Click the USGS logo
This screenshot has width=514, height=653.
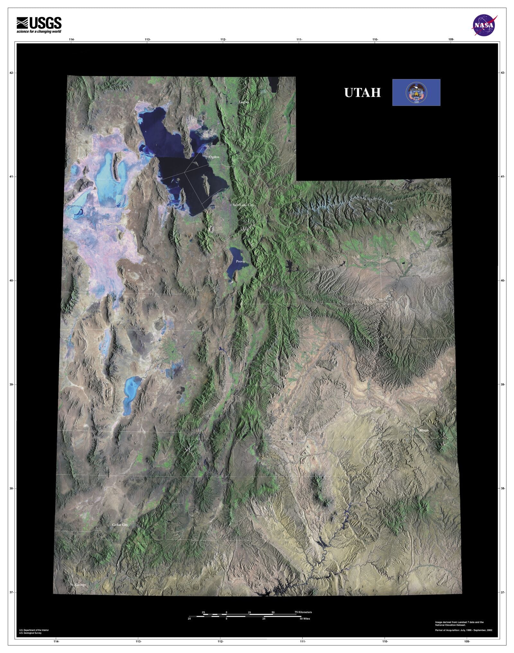tap(39, 23)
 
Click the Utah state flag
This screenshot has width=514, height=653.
tap(416, 92)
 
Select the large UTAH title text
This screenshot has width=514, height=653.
tap(362, 93)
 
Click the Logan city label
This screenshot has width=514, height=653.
tap(244, 102)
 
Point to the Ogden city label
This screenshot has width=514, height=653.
tap(214, 157)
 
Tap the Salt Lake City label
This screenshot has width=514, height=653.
tap(243, 205)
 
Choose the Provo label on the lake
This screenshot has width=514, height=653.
tap(240, 261)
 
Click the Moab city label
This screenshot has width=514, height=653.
tap(424, 430)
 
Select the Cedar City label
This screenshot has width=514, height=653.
tap(120, 525)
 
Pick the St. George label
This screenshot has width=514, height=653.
tap(78, 585)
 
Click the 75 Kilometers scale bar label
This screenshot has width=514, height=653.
tap(303, 612)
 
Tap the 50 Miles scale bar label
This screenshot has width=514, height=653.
tap(305, 619)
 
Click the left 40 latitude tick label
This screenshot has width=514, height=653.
tap(12, 281)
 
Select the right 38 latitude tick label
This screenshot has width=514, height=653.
tap(503, 489)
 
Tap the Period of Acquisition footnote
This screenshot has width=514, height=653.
tap(463, 630)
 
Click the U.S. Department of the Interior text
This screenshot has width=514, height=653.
tap(34, 630)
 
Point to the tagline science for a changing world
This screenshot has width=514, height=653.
tap(39, 31)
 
